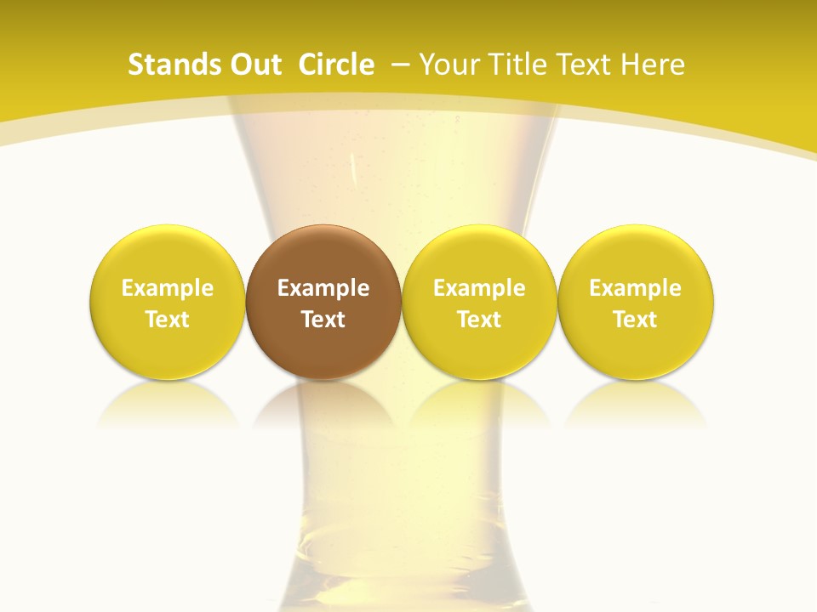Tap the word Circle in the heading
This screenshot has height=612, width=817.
tap(336, 65)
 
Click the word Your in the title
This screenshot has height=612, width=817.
tap(446, 65)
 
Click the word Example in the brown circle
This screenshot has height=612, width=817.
tap(323, 288)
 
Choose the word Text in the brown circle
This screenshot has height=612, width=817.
tap(323, 320)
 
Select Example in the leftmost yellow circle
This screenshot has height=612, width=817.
tap(167, 288)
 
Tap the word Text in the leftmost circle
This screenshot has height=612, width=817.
tap(167, 320)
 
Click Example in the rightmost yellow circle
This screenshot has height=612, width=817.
tap(635, 288)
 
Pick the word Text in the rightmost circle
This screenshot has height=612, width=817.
tap(635, 320)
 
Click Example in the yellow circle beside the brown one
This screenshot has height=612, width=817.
tap(479, 288)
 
